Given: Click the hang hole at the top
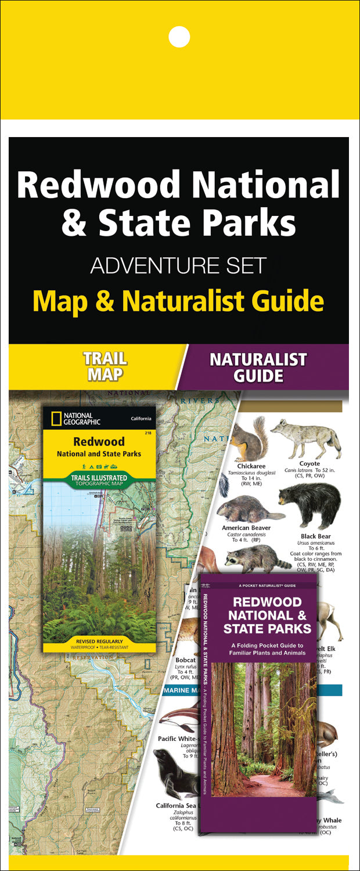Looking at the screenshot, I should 179,37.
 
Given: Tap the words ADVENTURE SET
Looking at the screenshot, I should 178,265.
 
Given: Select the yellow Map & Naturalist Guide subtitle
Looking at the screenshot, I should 178,301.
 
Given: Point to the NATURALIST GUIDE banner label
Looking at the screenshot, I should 258,367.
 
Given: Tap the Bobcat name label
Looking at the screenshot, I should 185,660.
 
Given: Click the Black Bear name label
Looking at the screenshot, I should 316,537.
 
